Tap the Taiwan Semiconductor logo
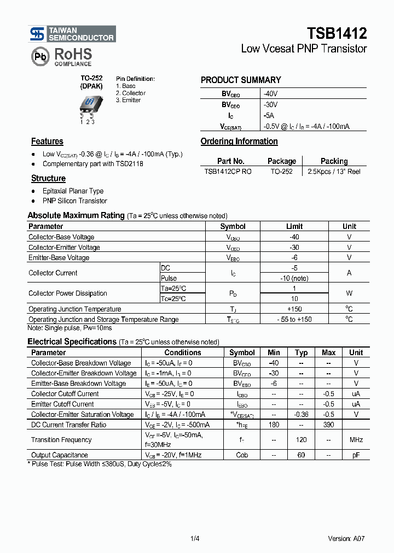click(x=72, y=34)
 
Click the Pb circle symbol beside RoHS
click(x=39, y=57)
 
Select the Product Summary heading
click(x=241, y=80)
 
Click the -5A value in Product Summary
click(x=269, y=116)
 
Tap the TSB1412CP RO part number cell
click(x=228, y=172)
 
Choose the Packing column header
click(x=334, y=161)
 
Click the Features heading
click(x=47, y=142)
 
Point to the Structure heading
click(x=48, y=179)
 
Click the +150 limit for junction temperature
click(x=294, y=309)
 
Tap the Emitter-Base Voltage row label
click(x=59, y=257)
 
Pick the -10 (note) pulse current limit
click(x=294, y=278)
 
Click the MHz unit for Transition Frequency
click(x=356, y=440)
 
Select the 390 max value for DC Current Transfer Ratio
click(x=328, y=425)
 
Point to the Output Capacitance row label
click(x=59, y=455)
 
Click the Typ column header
click(x=301, y=353)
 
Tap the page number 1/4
click(x=195, y=539)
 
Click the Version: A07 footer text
click(x=346, y=539)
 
